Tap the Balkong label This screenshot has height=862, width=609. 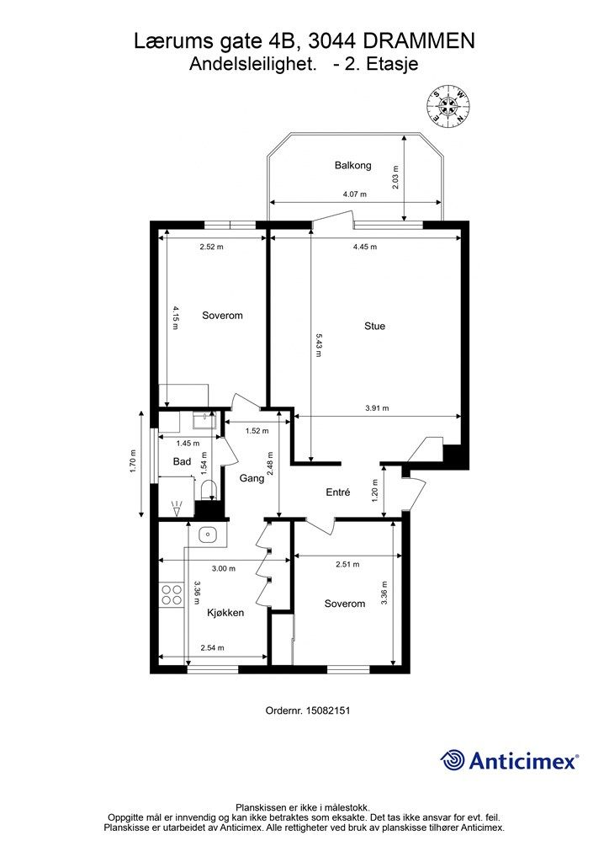click(x=353, y=166)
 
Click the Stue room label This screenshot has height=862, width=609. click(x=374, y=326)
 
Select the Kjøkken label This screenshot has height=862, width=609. click(x=225, y=613)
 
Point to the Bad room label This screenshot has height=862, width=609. click(x=182, y=462)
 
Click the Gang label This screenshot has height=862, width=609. click(x=252, y=479)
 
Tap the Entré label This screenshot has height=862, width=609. click(x=337, y=492)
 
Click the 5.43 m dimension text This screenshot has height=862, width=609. click(x=317, y=344)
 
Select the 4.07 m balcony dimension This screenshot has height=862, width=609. click(x=355, y=194)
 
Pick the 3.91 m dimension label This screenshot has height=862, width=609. click(x=377, y=408)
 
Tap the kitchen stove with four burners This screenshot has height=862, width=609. click(x=172, y=595)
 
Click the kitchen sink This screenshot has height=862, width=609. click(x=208, y=534)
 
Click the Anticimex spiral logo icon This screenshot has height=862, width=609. click(x=453, y=761)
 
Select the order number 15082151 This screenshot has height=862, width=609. click(x=327, y=710)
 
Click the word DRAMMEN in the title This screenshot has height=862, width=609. click(x=419, y=40)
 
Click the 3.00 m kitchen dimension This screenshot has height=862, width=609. click(x=224, y=568)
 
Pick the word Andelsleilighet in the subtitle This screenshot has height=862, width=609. click(x=254, y=64)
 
